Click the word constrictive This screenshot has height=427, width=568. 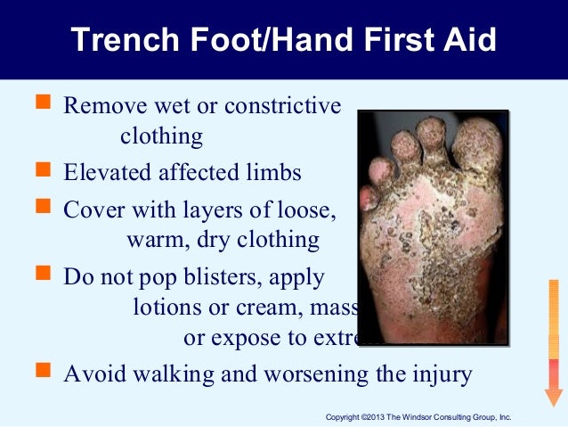(282, 106)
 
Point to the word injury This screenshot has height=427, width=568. (439, 373)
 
